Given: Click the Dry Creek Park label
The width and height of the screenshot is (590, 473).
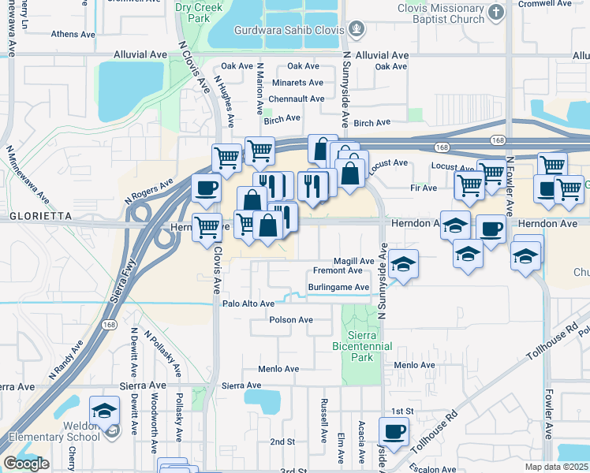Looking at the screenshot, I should pyautogui.click(x=193, y=11).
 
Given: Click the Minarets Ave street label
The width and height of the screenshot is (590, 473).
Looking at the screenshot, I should pyautogui.click(x=297, y=83).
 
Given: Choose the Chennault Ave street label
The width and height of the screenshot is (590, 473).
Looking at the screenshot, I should pyautogui.click(x=297, y=99).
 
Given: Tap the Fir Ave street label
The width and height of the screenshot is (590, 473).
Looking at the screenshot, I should pyautogui.click(x=424, y=188).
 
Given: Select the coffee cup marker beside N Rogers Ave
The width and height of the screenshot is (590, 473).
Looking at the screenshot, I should pyautogui.click(x=207, y=188).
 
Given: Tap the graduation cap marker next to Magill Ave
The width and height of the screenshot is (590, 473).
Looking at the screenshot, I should pyautogui.click(x=403, y=263).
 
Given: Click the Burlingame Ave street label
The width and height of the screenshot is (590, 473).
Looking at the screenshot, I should pyautogui.click(x=338, y=288).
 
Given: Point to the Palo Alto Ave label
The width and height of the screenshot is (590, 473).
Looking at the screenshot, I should pyautogui.click(x=248, y=304).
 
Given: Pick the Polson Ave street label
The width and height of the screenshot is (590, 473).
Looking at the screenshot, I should pyautogui.click(x=291, y=320).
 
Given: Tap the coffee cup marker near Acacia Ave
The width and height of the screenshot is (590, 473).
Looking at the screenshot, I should pyautogui.click(x=394, y=431).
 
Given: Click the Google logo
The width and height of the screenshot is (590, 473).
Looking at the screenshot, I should pyautogui.click(x=25, y=464).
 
